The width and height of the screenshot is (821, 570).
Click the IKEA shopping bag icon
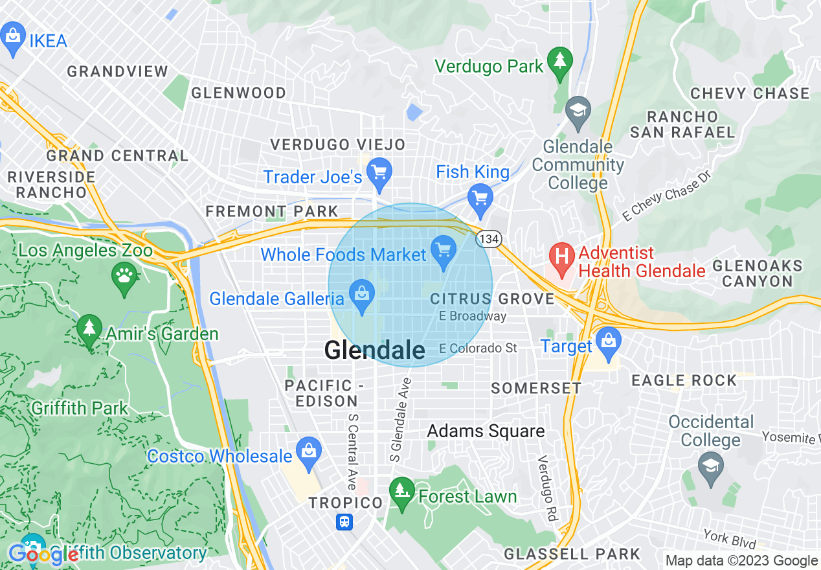(x=13, y=36)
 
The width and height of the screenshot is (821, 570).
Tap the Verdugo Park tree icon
(x=559, y=62)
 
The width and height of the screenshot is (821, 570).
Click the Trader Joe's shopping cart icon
(x=379, y=173)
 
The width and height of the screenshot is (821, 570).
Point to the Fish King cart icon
(x=480, y=198)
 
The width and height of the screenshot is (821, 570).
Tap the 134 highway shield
(x=488, y=240)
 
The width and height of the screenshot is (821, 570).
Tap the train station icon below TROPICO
(x=344, y=522)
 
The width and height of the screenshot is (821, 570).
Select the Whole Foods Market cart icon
(x=444, y=251)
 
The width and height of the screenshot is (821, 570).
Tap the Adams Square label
(x=486, y=431)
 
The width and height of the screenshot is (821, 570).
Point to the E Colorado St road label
(x=478, y=348)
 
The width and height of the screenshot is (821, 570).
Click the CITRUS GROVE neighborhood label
(x=492, y=299)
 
